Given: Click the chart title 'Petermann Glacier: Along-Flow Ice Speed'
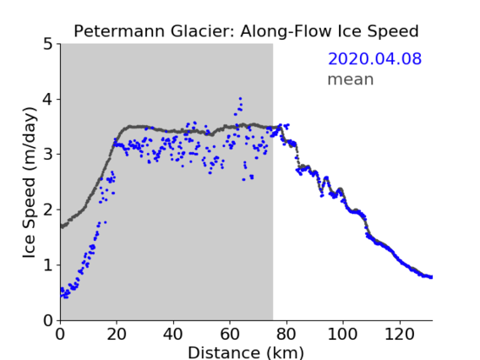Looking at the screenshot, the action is [246, 31].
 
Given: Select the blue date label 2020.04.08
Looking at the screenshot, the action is [374, 59].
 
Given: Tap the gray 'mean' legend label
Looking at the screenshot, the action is [351, 79].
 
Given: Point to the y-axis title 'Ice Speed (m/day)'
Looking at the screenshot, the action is [30, 183].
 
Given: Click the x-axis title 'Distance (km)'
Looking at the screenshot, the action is [246, 353].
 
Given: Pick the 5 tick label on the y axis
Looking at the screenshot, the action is [48, 45].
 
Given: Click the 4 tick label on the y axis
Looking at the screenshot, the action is [48, 100].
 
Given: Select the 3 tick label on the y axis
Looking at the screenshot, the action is [48, 155].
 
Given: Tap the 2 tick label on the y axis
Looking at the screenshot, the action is [48, 210].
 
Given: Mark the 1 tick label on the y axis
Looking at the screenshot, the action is [48, 265].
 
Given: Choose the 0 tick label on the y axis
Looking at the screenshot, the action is [48, 320].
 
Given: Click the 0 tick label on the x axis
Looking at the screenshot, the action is [60, 334].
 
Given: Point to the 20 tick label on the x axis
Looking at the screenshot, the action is [117, 334].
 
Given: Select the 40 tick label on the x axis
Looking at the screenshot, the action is [173, 334].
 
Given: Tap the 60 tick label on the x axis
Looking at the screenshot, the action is [230, 334].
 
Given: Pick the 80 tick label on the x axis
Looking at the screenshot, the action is [286, 334].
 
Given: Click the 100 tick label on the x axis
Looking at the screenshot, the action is [342, 334].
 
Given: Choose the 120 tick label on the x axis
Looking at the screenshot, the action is [400, 334].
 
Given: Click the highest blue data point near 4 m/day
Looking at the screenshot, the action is [240, 99].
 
